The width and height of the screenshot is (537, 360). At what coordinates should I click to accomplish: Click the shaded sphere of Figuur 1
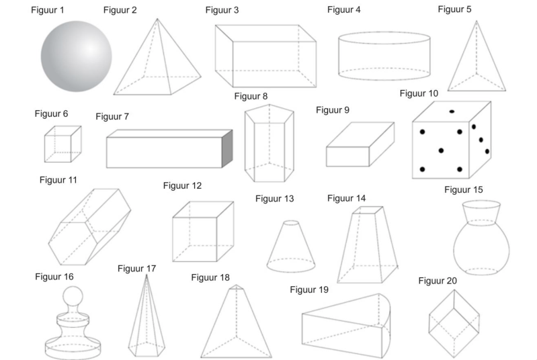[76, 56]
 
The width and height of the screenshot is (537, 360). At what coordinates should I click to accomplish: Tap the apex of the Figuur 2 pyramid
[157, 19]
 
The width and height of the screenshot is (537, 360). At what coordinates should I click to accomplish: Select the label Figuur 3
[222, 10]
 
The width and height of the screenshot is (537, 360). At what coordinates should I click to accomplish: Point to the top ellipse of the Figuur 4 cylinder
[384, 38]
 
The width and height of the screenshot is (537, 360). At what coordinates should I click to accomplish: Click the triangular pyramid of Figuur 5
[477, 62]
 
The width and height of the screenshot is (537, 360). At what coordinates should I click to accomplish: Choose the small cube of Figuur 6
[63, 144]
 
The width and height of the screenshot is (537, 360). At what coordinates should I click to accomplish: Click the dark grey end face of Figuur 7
[227, 149]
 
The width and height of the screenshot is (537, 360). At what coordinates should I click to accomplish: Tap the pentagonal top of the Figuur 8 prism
[270, 114]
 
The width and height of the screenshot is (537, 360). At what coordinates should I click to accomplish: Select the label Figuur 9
[333, 110]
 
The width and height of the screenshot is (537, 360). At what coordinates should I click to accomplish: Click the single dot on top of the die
[452, 111]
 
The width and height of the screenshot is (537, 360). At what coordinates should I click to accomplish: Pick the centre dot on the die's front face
[441, 150]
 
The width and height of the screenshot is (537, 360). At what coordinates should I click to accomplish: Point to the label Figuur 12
[182, 186]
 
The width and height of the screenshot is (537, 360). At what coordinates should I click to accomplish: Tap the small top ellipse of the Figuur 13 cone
[292, 223]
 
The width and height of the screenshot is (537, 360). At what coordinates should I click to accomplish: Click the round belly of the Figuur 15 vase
[481, 249]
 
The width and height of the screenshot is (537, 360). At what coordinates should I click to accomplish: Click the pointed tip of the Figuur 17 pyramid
[147, 275]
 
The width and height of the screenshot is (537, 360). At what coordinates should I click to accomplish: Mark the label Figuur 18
[210, 277]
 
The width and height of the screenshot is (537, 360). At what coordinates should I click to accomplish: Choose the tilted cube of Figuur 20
[454, 323]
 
